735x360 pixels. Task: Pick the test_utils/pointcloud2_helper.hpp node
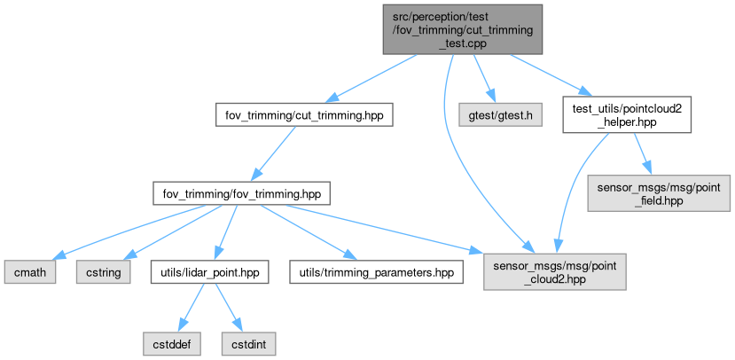click(x=627, y=115)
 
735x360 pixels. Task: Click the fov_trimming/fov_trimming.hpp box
click(x=242, y=192)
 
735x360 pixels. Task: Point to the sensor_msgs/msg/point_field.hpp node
click(x=659, y=192)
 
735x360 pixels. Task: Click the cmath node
click(x=28, y=272)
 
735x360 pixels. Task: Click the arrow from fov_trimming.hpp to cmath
click(x=124, y=233)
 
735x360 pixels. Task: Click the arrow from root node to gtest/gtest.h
click(x=483, y=78)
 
